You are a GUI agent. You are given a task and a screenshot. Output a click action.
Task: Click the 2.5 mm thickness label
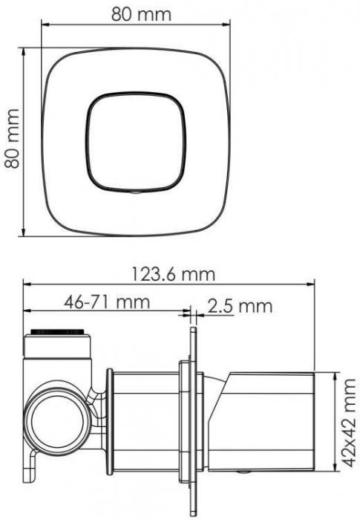coord(240,305)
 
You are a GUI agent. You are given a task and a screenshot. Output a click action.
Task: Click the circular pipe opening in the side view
coord(52,423)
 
